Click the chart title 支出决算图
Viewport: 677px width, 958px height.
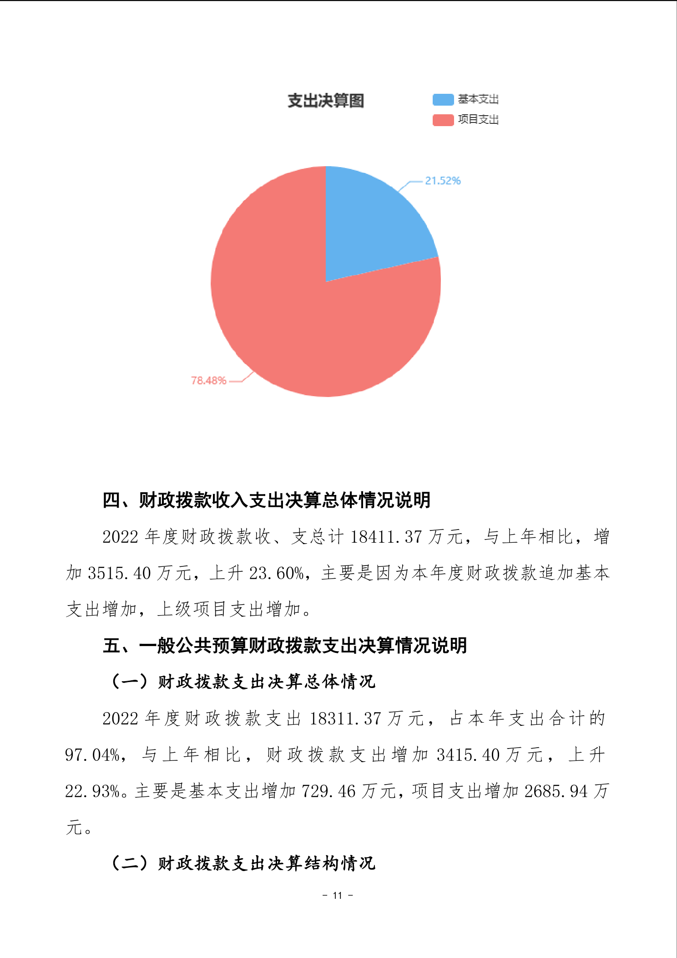(326, 101)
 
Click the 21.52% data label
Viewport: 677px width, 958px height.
(443, 181)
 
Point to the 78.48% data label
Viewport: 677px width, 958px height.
(208, 381)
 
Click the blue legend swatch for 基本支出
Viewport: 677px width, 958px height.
(443, 99)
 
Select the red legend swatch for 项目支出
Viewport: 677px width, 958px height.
(443, 120)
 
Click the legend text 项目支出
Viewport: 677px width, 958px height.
(478, 120)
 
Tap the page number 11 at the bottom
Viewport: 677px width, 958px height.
(338, 895)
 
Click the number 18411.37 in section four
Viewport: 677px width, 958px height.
(386, 537)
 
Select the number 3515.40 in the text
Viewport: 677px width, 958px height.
(119, 573)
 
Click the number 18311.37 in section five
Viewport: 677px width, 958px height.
(345, 718)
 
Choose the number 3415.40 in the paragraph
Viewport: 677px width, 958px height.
(468, 755)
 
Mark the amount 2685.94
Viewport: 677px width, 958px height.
(556, 791)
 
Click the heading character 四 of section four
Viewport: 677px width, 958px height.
(111, 500)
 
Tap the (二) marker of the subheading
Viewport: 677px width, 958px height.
(130, 863)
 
